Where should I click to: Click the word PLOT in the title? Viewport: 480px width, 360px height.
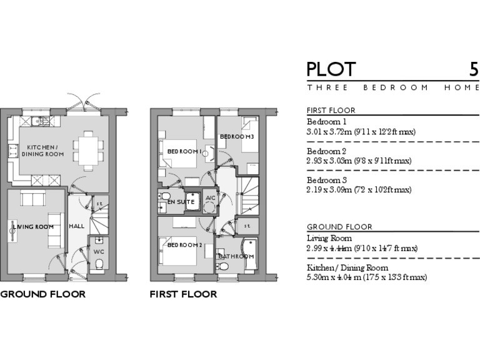331,69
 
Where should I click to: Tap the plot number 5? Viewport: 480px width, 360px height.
474,69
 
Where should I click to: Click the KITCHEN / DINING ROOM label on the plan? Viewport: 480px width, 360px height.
42,150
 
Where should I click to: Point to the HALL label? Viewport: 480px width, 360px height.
77,226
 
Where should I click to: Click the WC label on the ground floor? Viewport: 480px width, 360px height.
99,252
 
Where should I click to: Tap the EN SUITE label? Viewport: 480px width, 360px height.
180,202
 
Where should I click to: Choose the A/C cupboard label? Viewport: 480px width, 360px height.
210,199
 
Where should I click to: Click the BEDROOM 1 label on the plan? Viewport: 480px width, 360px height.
184,151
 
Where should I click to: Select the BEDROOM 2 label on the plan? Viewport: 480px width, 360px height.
184,245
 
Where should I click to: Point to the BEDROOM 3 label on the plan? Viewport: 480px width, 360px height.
236,137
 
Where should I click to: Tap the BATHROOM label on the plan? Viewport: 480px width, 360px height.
236,256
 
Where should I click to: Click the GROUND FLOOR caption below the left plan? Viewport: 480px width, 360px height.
42,294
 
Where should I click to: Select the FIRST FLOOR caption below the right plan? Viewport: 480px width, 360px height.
183,294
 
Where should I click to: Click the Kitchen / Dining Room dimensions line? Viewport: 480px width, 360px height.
366,277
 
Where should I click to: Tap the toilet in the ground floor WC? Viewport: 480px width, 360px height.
99,266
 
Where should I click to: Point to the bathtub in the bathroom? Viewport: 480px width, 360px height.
250,254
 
